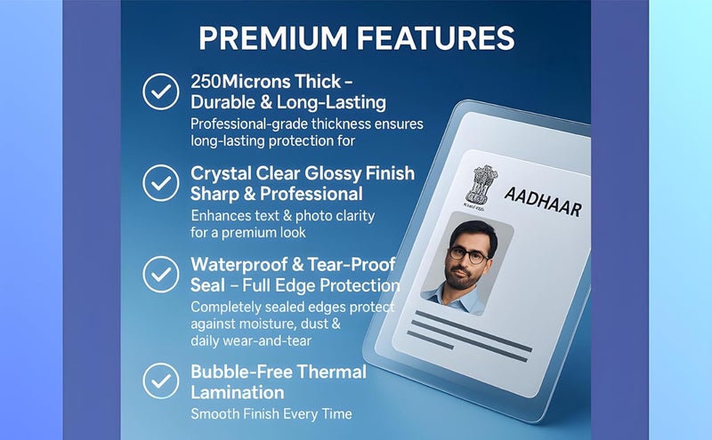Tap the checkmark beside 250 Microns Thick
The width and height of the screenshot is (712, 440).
(x=161, y=91)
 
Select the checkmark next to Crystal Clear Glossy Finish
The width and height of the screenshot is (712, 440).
(x=161, y=182)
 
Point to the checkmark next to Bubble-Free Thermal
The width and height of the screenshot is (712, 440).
(x=161, y=380)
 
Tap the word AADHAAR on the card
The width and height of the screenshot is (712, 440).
(x=541, y=202)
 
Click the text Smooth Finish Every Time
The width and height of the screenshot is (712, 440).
(x=271, y=413)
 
